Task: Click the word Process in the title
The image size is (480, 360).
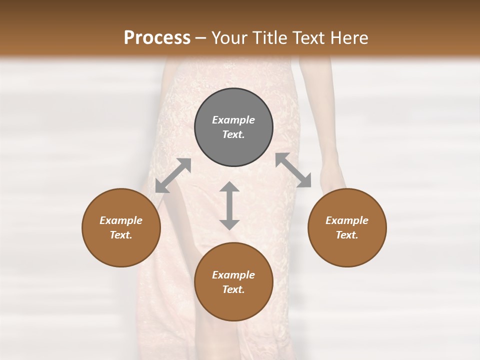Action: (x=157, y=38)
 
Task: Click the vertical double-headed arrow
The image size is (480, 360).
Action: (x=229, y=205)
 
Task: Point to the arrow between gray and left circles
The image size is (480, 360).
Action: (x=173, y=175)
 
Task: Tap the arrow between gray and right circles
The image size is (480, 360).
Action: (x=293, y=170)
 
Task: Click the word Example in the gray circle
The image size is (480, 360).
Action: (x=233, y=120)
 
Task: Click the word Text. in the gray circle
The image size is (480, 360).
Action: (x=233, y=134)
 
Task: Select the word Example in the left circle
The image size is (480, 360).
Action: (x=121, y=220)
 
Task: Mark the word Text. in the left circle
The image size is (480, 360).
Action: (x=121, y=235)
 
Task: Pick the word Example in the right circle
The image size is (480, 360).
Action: (x=347, y=220)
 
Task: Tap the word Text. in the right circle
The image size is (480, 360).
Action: (x=347, y=235)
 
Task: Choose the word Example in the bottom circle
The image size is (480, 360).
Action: (x=233, y=275)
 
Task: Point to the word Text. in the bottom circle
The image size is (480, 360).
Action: (x=233, y=289)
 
